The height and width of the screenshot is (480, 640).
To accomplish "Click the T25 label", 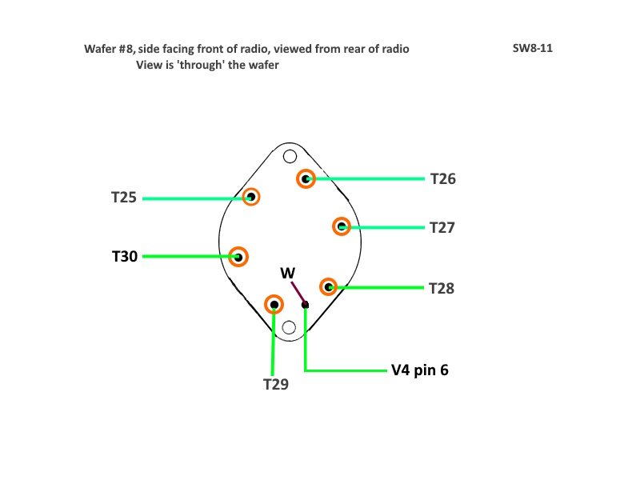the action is click(x=124, y=198).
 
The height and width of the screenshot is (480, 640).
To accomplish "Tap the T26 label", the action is click(x=443, y=178).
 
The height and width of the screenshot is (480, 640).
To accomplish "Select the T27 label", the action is click(x=442, y=228).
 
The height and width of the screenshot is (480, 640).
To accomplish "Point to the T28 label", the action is click(x=442, y=288).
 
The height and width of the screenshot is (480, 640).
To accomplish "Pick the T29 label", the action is click(x=276, y=384).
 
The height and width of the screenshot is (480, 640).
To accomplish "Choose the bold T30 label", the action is click(x=125, y=256).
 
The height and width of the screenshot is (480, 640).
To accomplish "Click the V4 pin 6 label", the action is click(x=419, y=370).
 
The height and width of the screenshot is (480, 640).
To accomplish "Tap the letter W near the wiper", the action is click(x=288, y=273).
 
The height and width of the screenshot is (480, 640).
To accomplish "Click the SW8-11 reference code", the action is click(x=533, y=48).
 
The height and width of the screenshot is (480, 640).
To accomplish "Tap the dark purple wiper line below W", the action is click(x=298, y=293).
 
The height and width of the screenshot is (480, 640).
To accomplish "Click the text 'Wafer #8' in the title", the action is click(x=109, y=49).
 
